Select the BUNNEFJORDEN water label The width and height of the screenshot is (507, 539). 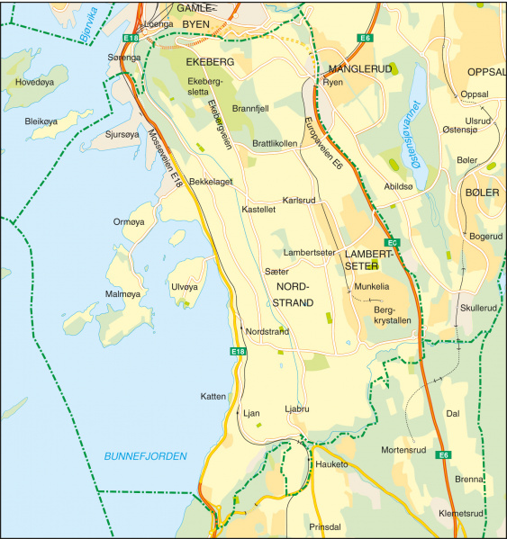(144, 456)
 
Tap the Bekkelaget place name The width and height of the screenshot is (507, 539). (211, 182)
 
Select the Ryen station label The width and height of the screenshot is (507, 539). (333, 82)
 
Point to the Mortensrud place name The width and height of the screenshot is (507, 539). (403, 449)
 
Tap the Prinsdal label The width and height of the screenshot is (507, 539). (325, 526)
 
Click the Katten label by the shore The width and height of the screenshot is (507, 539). (213, 396)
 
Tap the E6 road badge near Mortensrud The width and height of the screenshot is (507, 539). (443, 455)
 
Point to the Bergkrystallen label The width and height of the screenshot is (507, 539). (391, 314)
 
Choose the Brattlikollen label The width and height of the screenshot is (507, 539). (275, 143)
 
